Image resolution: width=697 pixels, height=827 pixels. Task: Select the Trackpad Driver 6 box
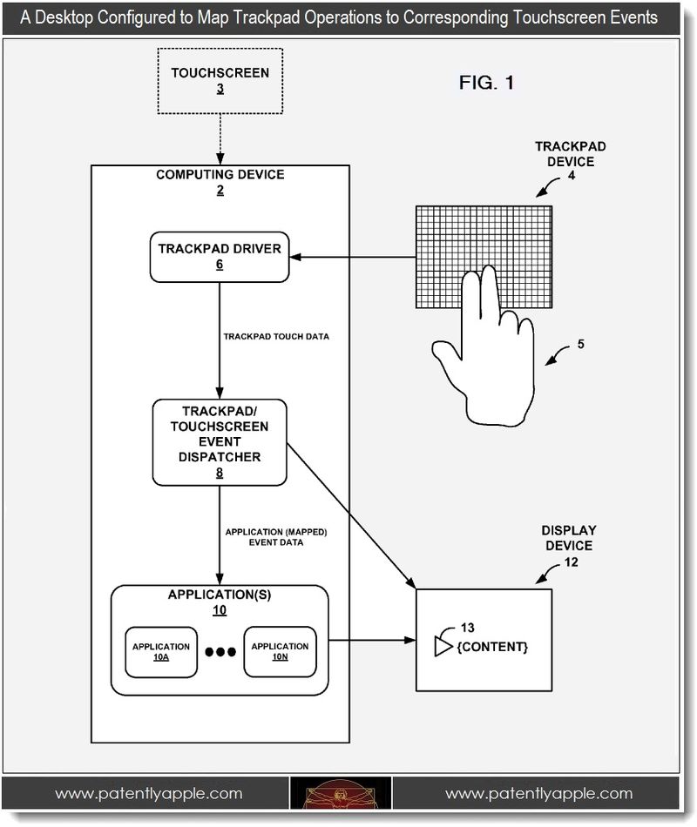point(220,257)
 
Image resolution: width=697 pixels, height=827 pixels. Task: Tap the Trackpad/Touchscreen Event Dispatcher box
point(220,442)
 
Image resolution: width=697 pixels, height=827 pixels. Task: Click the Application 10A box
point(161,652)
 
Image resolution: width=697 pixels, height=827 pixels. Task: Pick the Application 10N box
point(280,651)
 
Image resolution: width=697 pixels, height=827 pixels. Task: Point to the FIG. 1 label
point(486,83)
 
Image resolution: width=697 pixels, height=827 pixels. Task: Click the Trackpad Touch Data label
point(276,337)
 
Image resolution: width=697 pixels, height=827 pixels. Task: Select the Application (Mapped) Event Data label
point(276,537)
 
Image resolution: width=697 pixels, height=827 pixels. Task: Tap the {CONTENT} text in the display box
point(492,647)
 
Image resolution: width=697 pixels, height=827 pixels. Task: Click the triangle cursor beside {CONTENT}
point(443,647)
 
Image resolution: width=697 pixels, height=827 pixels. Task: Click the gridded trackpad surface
point(484,257)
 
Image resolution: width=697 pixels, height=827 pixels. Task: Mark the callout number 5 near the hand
point(581,344)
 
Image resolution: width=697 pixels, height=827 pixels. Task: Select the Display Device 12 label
point(569,546)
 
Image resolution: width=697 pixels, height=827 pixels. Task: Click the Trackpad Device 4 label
point(571,161)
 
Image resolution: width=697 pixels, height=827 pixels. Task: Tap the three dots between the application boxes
point(220,652)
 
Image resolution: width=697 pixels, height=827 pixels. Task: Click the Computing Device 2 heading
point(220,182)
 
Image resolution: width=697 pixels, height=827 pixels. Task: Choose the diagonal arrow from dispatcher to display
point(352,516)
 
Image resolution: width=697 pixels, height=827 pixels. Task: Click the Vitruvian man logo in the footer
point(341,794)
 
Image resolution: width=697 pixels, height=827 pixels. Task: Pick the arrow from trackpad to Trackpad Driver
point(353,257)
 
